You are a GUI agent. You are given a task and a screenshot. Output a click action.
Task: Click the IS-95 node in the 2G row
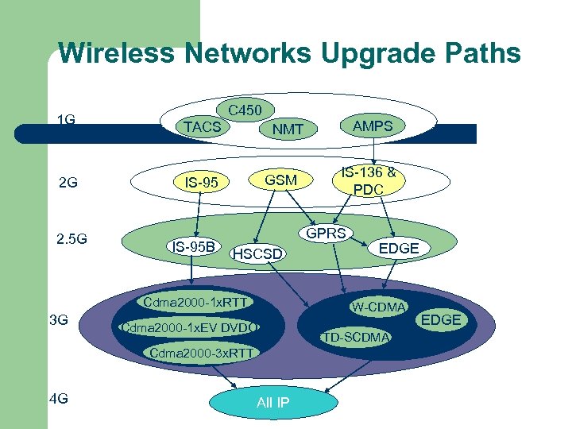pos(201,184)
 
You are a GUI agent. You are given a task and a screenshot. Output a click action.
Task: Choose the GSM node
pos(280,180)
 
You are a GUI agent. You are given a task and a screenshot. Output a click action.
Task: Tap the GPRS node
pos(326,234)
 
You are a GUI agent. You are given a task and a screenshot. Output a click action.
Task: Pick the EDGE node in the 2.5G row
pos(398,248)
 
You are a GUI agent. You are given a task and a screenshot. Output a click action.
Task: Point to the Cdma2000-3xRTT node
pos(201,353)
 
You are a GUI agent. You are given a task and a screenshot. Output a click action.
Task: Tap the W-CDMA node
pos(379,307)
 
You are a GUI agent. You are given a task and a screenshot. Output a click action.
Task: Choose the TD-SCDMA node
pos(356,338)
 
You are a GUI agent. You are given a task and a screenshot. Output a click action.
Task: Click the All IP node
pos(272,403)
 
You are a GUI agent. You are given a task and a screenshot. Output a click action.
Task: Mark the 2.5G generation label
pos(71,239)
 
